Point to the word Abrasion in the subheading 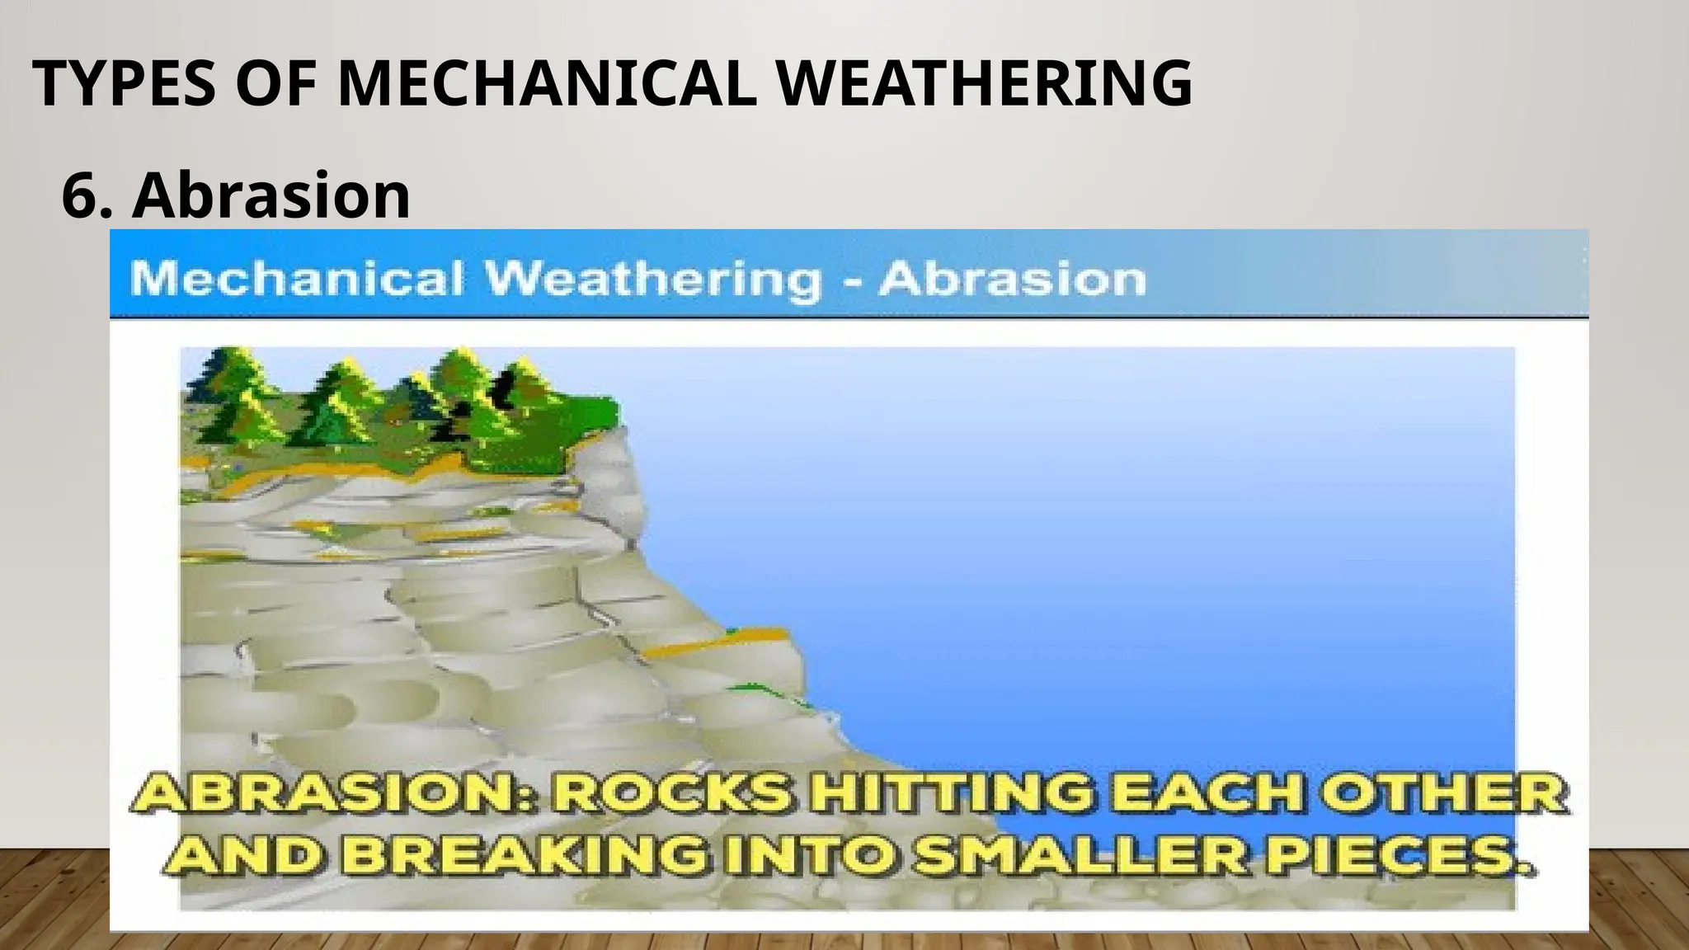271,195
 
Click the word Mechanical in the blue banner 296,279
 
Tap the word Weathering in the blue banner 653,279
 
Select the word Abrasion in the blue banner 1012,279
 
